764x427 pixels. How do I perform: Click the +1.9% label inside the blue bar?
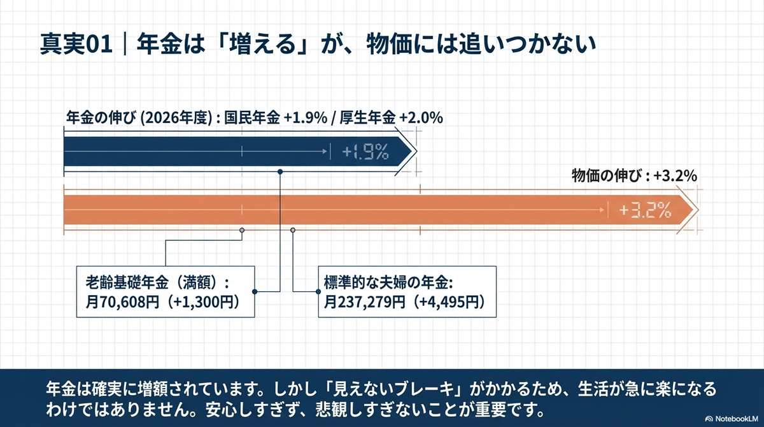[x=365, y=152]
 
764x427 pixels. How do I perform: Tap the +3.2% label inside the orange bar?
[x=645, y=210]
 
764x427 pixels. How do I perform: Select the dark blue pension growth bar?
[x=238, y=152]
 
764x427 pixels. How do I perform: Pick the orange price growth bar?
[x=379, y=210]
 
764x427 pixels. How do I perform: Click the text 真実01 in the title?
[x=76, y=44]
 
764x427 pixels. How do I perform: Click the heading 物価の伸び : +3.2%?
[x=634, y=176]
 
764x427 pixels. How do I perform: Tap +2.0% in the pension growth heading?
[x=421, y=118]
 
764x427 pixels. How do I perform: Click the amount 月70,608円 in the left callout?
[x=122, y=302]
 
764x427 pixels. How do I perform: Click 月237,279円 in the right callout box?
[x=365, y=302]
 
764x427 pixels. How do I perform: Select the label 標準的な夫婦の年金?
[x=388, y=282]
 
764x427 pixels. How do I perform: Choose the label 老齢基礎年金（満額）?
[x=157, y=282]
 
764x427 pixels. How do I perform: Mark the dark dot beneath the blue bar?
[x=280, y=172]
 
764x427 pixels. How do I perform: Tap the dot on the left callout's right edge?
[x=255, y=291]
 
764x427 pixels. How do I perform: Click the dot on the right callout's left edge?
[x=318, y=291]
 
